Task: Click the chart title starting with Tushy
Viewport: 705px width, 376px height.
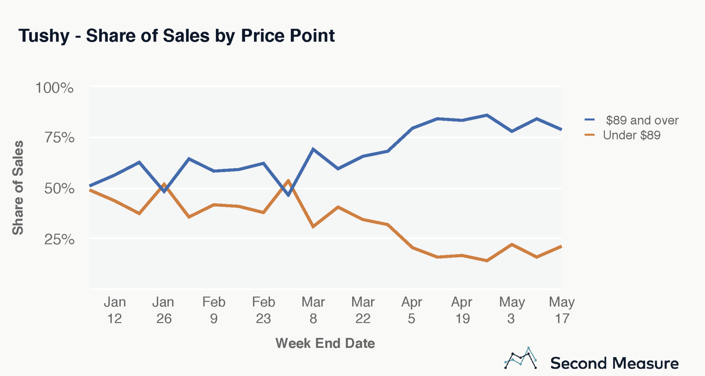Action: pyautogui.click(x=176, y=35)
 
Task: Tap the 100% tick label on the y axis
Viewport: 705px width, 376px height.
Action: pyautogui.click(x=54, y=88)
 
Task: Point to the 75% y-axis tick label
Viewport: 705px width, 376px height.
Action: pyautogui.click(x=59, y=137)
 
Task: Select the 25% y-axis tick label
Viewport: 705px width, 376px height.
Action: pyautogui.click(x=59, y=239)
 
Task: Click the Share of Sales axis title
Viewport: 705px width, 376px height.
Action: pyautogui.click(x=18, y=188)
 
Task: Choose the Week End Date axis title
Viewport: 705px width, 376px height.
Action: pyautogui.click(x=325, y=343)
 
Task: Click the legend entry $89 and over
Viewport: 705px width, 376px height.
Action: pyautogui.click(x=642, y=120)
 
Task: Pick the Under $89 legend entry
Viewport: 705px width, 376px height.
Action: pyautogui.click(x=631, y=135)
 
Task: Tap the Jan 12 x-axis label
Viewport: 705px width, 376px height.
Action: pyautogui.click(x=115, y=310)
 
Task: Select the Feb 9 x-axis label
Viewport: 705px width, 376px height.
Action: pyautogui.click(x=214, y=310)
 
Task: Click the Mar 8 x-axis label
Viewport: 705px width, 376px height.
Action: pyautogui.click(x=313, y=310)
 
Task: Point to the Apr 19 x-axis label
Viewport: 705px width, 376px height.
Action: pyautogui.click(x=462, y=310)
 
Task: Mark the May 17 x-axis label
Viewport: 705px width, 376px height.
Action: pyautogui.click(x=561, y=310)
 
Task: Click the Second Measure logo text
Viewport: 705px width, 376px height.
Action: pyautogui.click(x=614, y=363)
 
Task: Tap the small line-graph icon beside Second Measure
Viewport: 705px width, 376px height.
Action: pyautogui.click(x=520, y=358)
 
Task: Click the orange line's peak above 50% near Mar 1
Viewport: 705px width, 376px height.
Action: pyautogui.click(x=288, y=180)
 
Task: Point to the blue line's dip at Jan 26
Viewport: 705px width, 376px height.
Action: pyautogui.click(x=165, y=191)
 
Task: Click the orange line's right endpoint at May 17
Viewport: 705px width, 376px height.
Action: pyautogui.click(x=561, y=246)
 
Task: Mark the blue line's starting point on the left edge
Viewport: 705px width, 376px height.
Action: pyautogui.click(x=91, y=186)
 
